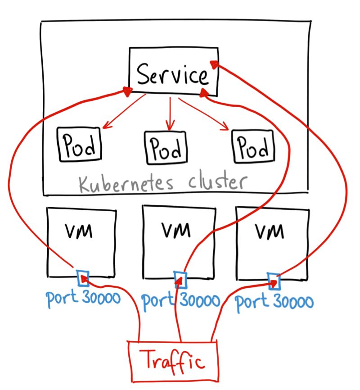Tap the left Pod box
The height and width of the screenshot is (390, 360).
tap(79, 144)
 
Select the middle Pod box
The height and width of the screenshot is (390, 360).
tap(165, 147)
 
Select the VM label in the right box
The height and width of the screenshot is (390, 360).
tap(270, 231)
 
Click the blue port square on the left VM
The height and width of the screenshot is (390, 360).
tap(83, 278)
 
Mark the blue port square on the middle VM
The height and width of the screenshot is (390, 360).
tap(180, 279)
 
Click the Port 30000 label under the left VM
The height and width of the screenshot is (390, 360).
tap(83, 298)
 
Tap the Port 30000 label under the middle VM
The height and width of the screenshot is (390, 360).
tap(181, 300)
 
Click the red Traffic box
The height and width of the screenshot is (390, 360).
tap(173, 360)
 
